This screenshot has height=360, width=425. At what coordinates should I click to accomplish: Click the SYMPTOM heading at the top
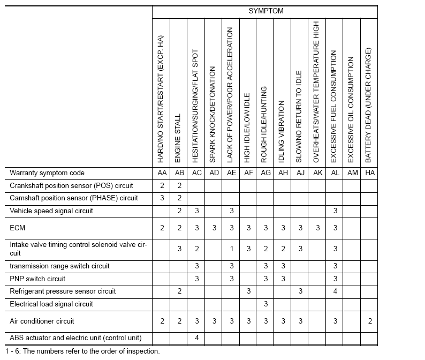(265, 11)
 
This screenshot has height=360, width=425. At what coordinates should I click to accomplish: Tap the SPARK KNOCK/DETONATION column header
(214, 115)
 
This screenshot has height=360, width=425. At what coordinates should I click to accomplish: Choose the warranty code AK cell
(317, 173)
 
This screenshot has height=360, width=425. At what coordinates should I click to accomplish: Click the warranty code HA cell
(369, 173)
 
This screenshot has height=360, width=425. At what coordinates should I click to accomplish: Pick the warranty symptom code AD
(214, 173)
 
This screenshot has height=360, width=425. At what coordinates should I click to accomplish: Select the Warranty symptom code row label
(47, 173)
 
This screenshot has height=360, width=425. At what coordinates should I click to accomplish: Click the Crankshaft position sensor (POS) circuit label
(71, 186)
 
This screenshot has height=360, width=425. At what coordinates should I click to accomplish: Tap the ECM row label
(17, 228)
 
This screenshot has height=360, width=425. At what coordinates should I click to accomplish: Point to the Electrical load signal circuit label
(51, 304)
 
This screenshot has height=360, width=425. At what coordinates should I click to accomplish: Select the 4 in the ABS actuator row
(196, 338)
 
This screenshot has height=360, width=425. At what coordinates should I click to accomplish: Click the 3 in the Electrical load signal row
(265, 304)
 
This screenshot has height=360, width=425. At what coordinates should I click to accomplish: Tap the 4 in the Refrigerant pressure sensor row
(335, 291)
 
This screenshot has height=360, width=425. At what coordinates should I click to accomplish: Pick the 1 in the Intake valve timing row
(231, 249)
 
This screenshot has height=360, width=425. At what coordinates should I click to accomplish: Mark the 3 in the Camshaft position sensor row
(162, 198)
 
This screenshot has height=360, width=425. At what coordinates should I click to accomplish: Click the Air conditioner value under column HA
(369, 321)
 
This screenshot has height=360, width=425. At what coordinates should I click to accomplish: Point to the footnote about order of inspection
(80, 351)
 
